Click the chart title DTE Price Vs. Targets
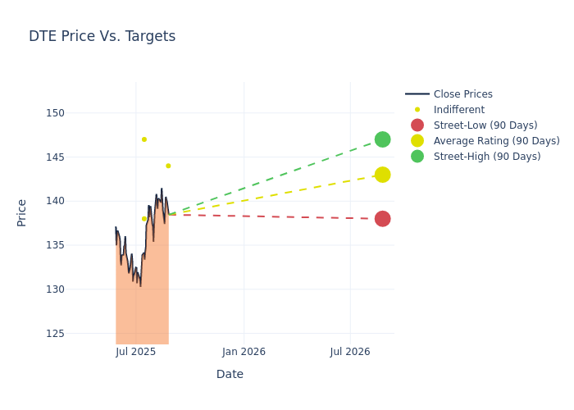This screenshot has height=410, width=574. (102, 36)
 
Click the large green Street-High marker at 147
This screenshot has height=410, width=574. (382, 139)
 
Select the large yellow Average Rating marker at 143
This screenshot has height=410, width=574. (382, 175)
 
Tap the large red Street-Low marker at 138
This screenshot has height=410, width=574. (382, 219)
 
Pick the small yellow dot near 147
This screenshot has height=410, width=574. (144, 139)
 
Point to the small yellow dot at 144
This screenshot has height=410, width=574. (168, 166)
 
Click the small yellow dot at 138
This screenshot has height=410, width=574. (144, 219)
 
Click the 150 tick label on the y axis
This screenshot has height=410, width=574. (54, 113)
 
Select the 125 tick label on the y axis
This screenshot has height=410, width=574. (54, 334)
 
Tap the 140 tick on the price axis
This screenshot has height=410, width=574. (54, 201)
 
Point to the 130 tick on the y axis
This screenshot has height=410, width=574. (54, 289)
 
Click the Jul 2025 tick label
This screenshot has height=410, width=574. (136, 352)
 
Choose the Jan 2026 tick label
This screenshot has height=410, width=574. (244, 352)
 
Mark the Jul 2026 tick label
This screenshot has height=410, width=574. (350, 352)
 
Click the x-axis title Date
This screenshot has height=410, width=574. (230, 375)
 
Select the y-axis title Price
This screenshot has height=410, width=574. (22, 212)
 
